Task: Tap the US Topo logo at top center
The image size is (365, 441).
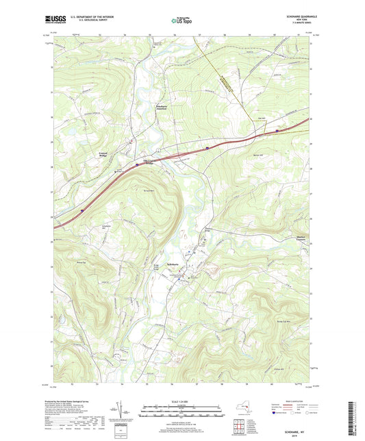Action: pos(181,21)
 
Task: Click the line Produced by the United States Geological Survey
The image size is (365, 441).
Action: pos(75,401)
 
